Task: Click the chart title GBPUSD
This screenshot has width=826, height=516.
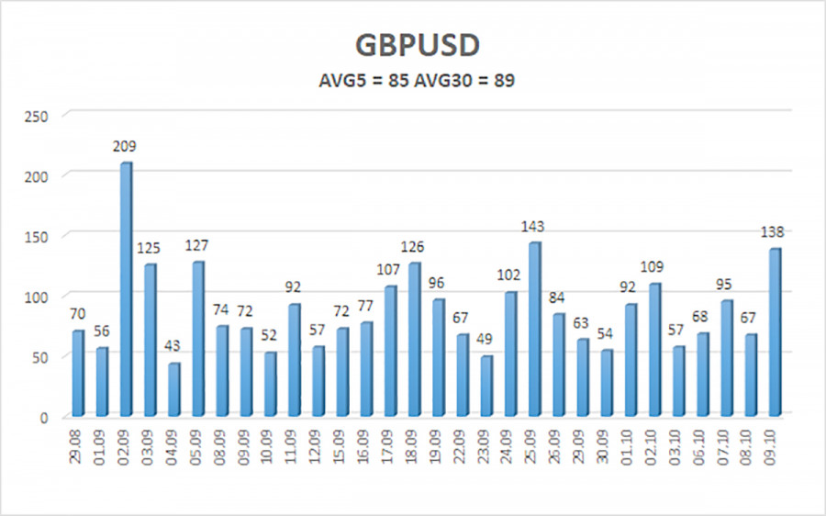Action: pos(412,46)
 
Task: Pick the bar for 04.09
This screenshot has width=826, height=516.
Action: pos(173,388)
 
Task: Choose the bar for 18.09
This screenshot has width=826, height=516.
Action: pos(414,339)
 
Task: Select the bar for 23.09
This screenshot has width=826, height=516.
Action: pos(486,386)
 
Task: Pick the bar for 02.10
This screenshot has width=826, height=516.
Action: pos(653,349)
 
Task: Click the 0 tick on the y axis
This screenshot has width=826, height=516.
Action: pos(44,418)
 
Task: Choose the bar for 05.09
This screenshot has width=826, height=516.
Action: pos(197,339)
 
